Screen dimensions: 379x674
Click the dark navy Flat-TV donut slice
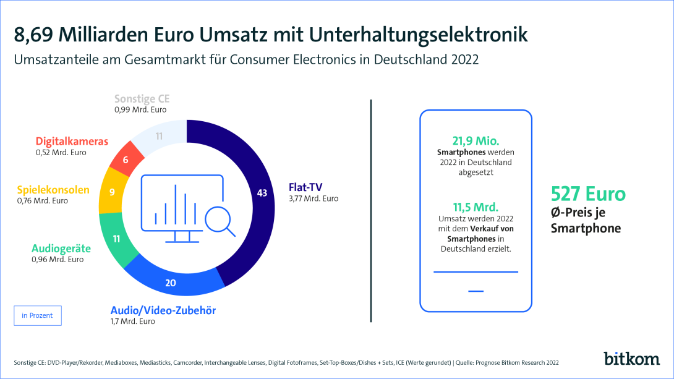click(x=260, y=198)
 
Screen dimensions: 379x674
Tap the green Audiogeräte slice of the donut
click(x=115, y=238)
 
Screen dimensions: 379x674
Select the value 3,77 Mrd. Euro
click(x=314, y=199)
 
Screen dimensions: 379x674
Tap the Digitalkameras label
click(x=72, y=142)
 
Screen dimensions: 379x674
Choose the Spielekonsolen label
click(x=62, y=190)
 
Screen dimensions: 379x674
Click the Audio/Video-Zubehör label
click(x=163, y=310)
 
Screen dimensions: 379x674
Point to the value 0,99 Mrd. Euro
click(x=140, y=109)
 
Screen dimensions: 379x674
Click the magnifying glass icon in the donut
click(x=220, y=220)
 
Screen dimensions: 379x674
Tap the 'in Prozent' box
click(x=37, y=315)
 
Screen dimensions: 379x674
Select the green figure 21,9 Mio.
click(x=475, y=141)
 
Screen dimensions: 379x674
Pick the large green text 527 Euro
click(x=588, y=194)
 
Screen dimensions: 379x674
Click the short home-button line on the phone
click(x=476, y=291)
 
